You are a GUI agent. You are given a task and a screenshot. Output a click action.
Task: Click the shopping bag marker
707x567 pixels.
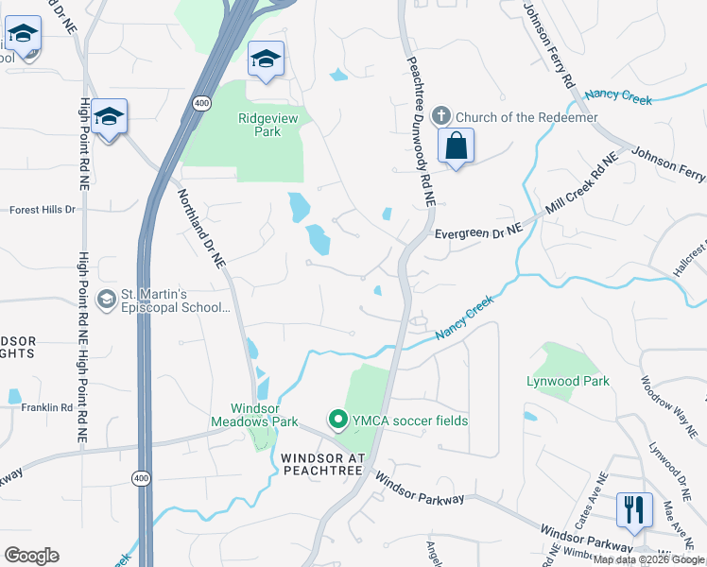click(x=456, y=146)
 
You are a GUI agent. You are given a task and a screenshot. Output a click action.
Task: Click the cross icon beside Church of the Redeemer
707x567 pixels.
click(x=440, y=116)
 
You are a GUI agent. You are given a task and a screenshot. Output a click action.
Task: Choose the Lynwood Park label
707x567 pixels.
click(x=567, y=381)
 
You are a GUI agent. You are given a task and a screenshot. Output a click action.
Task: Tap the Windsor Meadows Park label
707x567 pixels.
click(x=254, y=414)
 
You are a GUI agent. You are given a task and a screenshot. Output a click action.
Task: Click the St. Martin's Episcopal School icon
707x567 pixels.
click(x=106, y=300)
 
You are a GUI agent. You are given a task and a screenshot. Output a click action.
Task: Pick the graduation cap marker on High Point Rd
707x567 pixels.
click(x=110, y=117)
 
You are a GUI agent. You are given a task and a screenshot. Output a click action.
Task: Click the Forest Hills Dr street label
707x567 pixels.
click(x=42, y=210)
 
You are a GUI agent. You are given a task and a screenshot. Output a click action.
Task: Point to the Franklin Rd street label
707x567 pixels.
click(x=48, y=407)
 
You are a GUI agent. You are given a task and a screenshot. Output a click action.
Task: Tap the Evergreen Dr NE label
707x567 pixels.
click(x=477, y=232)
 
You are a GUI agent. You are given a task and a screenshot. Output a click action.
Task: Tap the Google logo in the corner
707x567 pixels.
click(x=31, y=556)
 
